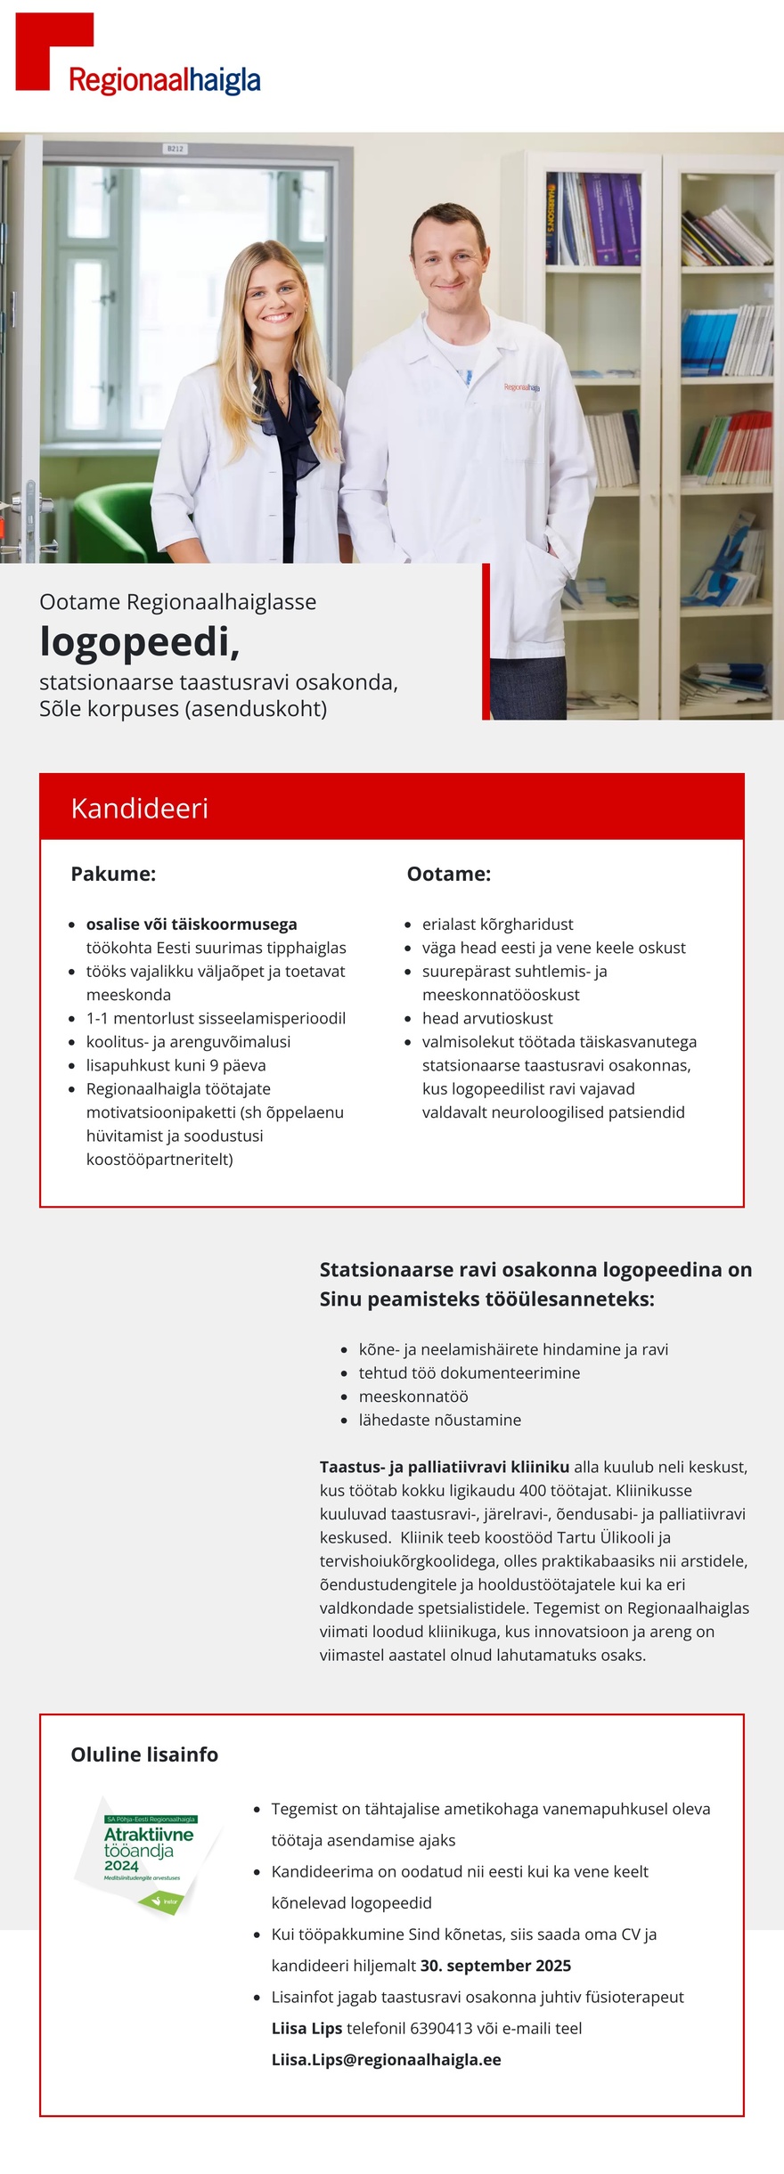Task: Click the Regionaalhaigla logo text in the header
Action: (165, 81)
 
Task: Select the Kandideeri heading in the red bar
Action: (140, 808)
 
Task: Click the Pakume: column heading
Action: (113, 874)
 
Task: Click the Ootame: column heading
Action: (448, 874)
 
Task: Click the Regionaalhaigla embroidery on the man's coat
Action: (521, 387)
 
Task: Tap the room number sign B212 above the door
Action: (176, 149)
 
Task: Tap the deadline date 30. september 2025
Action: (495, 1965)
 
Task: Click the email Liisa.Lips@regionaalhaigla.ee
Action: (386, 2059)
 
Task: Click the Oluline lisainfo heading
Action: (144, 1755)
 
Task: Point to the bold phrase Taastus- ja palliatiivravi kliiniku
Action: (444, 1466)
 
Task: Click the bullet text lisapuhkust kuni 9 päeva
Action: (176, 1065)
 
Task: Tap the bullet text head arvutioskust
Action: (487, 1018)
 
